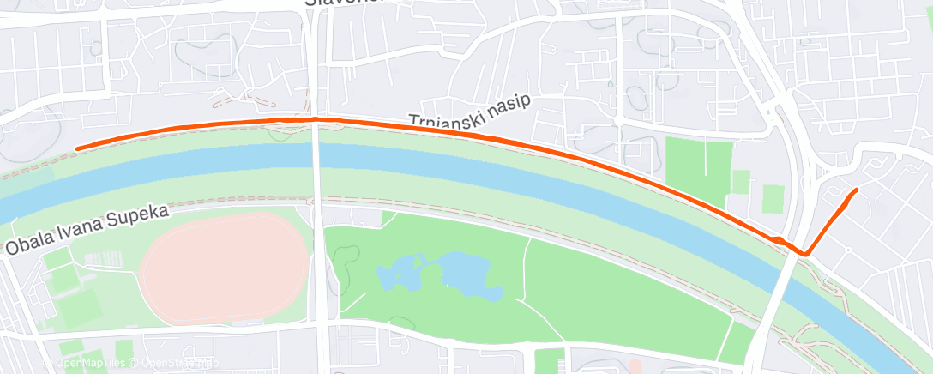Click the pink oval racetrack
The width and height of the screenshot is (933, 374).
click(x=223, y=268)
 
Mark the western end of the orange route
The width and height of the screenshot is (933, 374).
click(x=77, y=148)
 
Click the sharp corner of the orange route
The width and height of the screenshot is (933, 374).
click(x=805, y=253)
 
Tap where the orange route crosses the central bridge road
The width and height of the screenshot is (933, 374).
click(x=316, y=119)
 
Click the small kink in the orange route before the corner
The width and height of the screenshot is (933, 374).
click(x=776, y=239)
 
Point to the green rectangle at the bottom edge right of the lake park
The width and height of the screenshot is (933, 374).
click(x=550, y=362)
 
